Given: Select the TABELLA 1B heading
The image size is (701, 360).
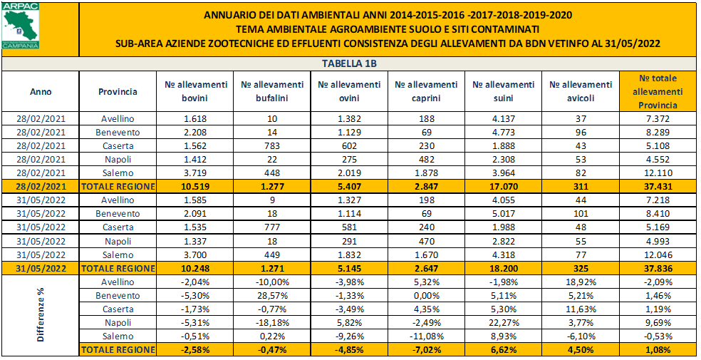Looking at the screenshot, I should tap(349, 63).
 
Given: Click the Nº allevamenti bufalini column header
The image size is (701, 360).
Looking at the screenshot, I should tap(272, 91).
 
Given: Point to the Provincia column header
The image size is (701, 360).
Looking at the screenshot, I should tap(118, 91).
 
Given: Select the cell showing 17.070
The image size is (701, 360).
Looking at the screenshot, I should tap(503, 185).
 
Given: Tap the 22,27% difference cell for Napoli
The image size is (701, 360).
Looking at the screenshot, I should tap(503, 322).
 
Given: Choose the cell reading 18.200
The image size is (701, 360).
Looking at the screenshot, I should tap(503, 268).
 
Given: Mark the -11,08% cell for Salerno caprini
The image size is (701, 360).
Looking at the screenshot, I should tap(426, 336).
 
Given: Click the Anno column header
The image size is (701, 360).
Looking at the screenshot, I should tap(41, 91).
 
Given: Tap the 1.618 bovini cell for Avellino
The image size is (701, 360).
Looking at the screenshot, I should tap(194, 118).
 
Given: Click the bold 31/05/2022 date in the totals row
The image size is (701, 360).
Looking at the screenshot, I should tap(41, 268).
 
